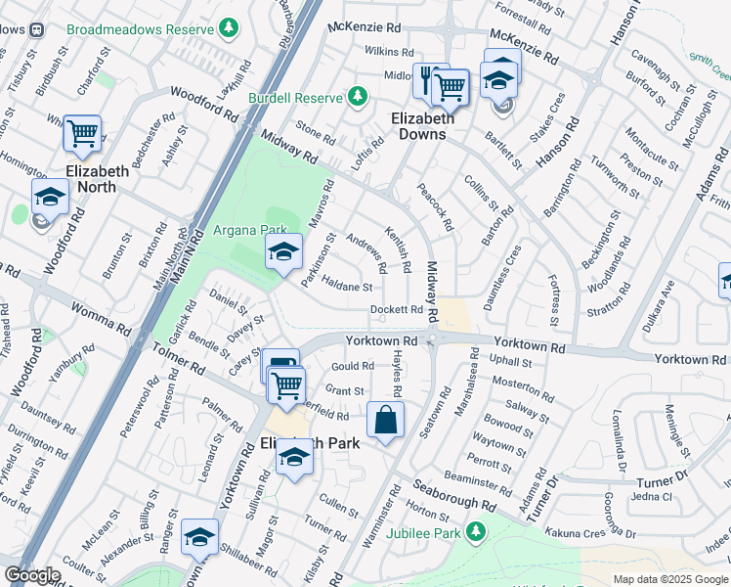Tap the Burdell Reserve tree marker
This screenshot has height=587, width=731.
tap(358, 96)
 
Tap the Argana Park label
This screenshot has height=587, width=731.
tap(241, 231)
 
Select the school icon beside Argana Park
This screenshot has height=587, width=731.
tap(283, 252)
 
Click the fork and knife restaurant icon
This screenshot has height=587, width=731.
tap(425, 77)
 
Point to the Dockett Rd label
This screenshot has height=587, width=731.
tap(397, 310)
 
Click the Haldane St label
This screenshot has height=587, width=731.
tap(348, 287)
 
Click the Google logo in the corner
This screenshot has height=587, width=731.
tap(32, 575)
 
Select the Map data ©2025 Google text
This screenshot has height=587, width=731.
tap(670, 579)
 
